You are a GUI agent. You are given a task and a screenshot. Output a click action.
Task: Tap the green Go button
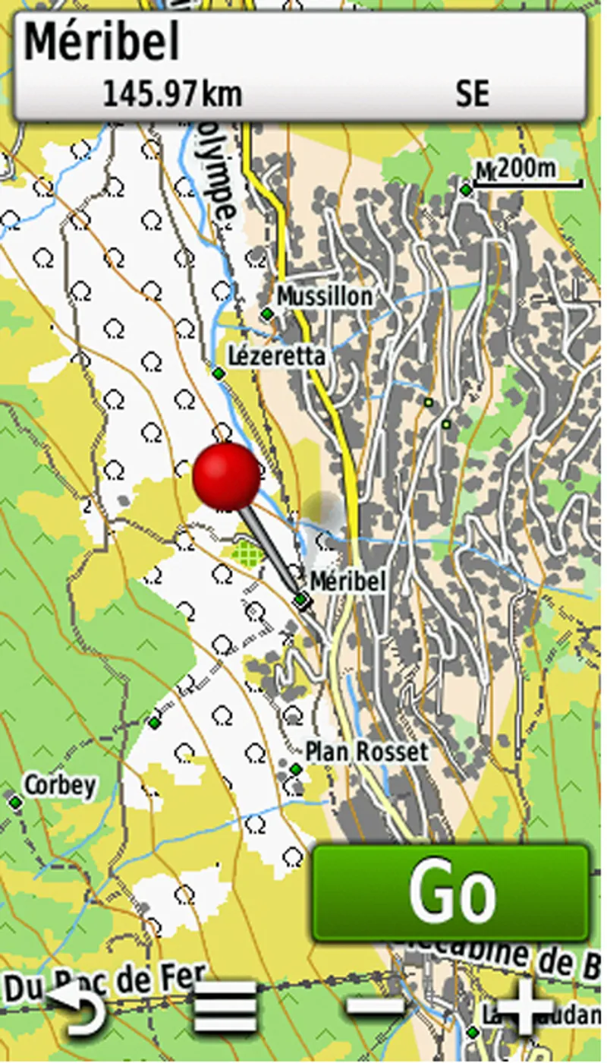451,892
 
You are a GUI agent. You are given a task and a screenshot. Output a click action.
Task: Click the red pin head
226,477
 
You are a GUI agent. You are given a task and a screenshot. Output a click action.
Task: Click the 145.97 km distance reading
172,95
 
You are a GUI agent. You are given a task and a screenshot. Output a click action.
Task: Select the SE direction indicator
472,95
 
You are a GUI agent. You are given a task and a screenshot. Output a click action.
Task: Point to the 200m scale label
527,169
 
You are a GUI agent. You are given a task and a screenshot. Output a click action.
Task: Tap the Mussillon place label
325,296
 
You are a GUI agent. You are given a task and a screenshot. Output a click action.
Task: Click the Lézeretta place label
277,355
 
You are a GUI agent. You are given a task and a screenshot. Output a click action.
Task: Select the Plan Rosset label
366,752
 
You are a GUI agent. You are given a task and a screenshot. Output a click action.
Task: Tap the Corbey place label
61,785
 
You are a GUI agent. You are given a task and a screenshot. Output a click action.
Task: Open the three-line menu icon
226,1007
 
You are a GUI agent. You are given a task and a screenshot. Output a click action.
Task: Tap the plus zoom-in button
526,1007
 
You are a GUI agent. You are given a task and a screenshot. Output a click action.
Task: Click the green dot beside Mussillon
266,313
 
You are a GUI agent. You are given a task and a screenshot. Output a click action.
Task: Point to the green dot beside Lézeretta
219,373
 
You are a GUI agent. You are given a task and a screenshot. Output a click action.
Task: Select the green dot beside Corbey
15,801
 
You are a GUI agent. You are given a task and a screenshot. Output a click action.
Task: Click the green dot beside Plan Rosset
296,769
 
